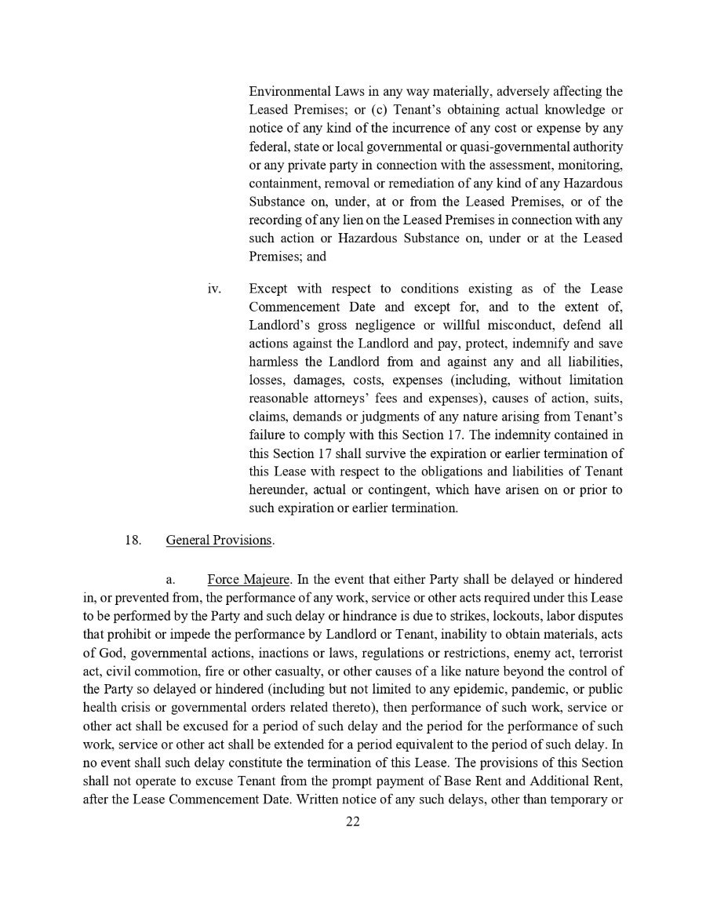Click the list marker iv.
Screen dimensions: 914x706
214,289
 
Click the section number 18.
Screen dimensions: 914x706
133,541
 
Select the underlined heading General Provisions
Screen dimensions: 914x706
219,541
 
